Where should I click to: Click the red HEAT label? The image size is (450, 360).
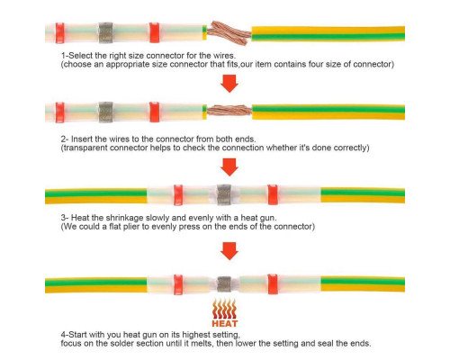[x=225, y=323]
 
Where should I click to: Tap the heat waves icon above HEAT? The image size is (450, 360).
[x=224, y=309]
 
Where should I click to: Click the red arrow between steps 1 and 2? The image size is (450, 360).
[x=229, y=84]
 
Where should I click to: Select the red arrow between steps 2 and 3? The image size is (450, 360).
[x=229, y=167]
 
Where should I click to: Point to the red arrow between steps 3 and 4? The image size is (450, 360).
[x=229, y=251]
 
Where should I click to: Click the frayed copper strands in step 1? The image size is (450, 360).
[x=229, y=32]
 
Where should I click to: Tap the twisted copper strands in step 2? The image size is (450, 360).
[x=229, y=111]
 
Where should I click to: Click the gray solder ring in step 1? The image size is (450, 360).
[x=106, y=32]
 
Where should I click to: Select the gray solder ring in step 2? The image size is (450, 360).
[x=106, y=112]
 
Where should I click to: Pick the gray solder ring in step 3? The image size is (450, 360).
[x=224, y=194]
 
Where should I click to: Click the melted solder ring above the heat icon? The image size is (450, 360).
[x=224, y=284]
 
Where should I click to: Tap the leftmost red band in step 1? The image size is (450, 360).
[x=60, y=32]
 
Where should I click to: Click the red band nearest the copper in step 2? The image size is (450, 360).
[x=155, y=112]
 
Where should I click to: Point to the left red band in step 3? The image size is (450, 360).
[x=178, y=195]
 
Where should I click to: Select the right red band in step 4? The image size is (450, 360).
[x=273, y=284]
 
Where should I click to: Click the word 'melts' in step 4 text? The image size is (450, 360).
[x=202, y=343]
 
